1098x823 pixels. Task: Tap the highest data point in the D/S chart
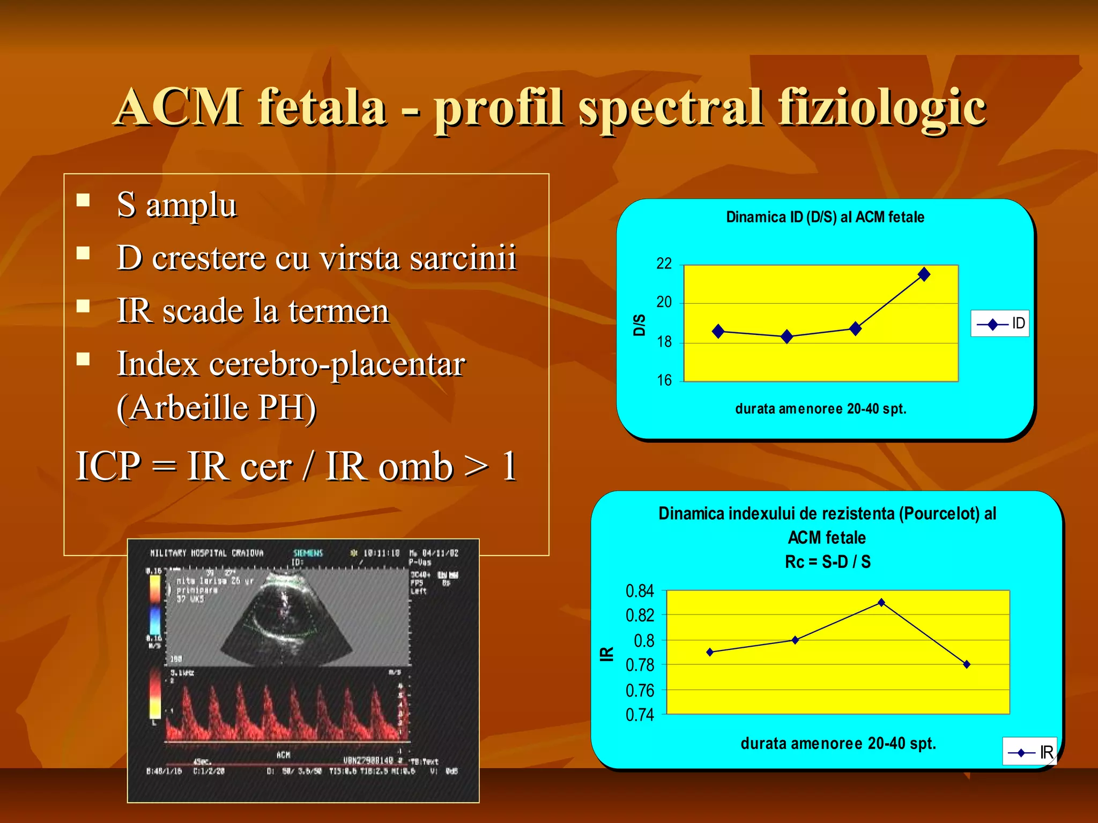coord(924,274)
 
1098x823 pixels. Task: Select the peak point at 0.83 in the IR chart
coord(881,602)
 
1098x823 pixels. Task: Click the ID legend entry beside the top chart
coord(1000,324)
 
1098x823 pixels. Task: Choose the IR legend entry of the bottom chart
coord(1030,752)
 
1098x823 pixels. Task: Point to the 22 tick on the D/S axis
coord(664,264)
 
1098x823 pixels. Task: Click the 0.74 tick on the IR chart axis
coord(640,715)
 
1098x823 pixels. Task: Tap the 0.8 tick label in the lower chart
coord(643,641)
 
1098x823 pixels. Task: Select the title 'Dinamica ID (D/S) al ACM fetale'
coord(825,217)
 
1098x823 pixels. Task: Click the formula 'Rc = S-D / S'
coord(827,562)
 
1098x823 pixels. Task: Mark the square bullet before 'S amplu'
coord(83,200)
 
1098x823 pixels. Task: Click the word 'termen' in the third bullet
coord(338,311)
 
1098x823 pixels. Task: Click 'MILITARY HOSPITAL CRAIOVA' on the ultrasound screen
coord(207,553)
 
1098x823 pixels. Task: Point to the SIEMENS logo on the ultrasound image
coord(308,553)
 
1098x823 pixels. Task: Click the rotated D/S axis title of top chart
coord(639,325)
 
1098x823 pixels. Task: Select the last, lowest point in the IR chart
coord(967,664)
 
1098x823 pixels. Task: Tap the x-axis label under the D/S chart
coord(820,409)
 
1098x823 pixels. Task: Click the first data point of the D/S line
coord(718,331)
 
